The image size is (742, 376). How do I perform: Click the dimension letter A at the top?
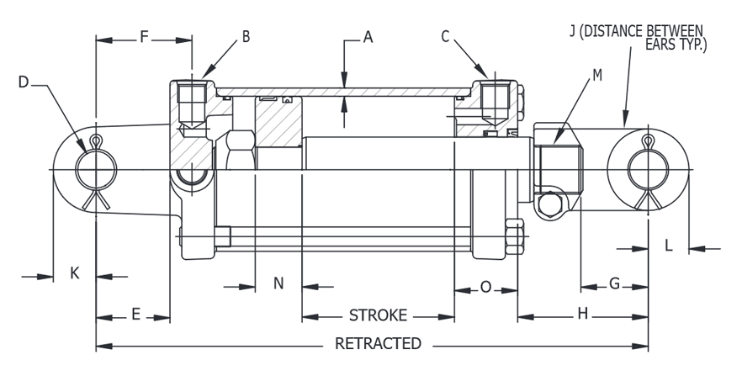click(x=368, y=36)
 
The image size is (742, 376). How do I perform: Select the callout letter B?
click(x=246, y=36)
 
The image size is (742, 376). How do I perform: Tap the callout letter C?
click(x=445, y=36)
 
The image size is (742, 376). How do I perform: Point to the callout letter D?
click(x=24, y=82)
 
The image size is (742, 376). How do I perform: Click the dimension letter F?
click(x=144, y=36)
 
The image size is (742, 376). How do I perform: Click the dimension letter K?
click(x=74, y=273)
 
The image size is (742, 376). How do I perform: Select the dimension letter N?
click(x=278, y=283)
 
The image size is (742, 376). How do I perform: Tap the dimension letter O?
click(x=485, y=287)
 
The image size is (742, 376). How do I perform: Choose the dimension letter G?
click(x=615, y=283)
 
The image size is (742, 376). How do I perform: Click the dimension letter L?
click(x=669, y=246)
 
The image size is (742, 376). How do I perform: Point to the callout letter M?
click(x=597, y=75)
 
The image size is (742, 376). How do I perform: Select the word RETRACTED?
click(x=378, y=343)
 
